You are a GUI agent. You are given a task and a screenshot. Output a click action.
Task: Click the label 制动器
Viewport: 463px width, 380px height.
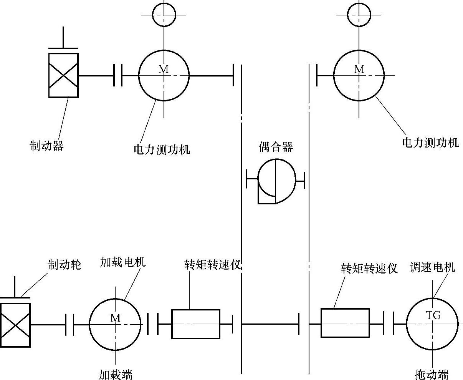46,146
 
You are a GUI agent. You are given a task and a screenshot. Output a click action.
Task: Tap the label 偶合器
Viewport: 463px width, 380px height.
276,147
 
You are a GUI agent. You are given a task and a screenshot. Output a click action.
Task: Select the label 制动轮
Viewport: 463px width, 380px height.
64,265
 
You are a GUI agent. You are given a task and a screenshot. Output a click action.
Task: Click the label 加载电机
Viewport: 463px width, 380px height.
123,262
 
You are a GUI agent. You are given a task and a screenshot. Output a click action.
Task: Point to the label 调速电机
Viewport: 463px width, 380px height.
432,267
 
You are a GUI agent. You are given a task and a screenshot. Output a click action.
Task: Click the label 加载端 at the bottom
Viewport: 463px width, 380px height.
116,375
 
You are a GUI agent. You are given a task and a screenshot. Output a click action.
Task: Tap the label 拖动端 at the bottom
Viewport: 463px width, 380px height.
432,374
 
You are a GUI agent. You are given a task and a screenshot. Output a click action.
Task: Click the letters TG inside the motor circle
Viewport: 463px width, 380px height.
433,315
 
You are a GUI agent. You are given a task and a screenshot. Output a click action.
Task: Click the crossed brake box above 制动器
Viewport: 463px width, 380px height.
63,75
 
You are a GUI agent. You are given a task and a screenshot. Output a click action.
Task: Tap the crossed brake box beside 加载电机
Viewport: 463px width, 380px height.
15,325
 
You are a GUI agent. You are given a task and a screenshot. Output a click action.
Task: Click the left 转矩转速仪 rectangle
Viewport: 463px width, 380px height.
196,324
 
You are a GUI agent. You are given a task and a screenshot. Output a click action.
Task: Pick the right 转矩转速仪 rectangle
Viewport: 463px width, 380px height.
345,323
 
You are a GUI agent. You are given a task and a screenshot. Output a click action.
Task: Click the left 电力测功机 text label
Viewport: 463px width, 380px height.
162,149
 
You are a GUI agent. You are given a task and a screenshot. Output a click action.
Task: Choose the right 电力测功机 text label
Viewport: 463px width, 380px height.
430,143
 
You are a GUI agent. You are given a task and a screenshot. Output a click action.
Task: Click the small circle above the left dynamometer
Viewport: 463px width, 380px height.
164,15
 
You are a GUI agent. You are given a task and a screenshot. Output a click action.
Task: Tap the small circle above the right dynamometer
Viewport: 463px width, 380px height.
359,15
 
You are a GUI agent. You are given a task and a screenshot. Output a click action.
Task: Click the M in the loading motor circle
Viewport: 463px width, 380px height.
115,318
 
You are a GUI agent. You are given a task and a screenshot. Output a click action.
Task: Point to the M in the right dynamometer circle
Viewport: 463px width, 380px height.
359,70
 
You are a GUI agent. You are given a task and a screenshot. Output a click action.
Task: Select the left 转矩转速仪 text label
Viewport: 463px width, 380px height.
212,265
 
